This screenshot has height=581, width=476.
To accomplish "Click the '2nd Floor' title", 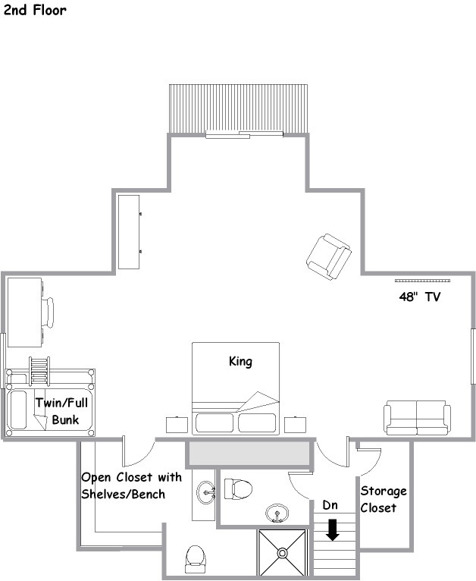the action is coord(35,10).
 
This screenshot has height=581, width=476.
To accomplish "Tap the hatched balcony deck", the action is coord(238,108).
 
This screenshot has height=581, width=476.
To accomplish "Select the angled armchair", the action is coord(329,256).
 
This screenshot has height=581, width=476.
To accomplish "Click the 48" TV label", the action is coord(420,297).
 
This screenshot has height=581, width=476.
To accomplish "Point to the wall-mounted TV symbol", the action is coord(422,281).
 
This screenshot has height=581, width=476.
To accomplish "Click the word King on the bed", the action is coord(240,361).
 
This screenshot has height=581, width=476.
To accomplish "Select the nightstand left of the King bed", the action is coord(177,425).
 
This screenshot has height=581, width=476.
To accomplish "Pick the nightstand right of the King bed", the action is coord(295,425).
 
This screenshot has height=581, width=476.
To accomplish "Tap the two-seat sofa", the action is coord(417,417).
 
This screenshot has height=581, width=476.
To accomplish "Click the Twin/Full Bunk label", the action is coord(62,411).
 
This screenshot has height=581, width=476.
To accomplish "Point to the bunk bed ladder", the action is coord(39,371).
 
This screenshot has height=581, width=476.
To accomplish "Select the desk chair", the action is coord(48,312).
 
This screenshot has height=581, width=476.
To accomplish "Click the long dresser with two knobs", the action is coord(129,232).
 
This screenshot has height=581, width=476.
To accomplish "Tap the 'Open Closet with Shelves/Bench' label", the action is coord(131,485).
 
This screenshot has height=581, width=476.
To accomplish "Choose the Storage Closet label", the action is coord(384,499).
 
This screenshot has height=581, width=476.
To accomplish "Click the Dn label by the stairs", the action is coord(330,504).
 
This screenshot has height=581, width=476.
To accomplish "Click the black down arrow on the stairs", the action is coord(333,530).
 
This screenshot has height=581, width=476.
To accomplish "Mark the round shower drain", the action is coord(283,553).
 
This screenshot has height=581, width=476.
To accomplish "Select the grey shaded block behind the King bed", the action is coord(248,453).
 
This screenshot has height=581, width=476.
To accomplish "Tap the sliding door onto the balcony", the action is coord(244,134).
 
